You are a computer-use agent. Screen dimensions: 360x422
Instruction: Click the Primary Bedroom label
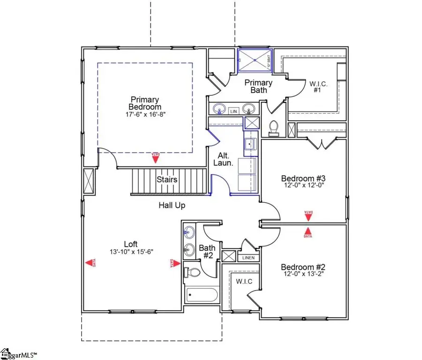(145, 103)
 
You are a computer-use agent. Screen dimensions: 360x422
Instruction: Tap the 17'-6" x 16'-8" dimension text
(145, 114)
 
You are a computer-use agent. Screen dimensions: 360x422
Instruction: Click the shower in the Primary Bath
(254, 60)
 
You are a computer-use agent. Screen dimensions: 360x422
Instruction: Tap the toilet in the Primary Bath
(273, 128)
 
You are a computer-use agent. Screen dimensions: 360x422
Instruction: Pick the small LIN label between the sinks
(233, 111)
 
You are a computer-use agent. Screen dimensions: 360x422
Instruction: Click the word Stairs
(166, 180)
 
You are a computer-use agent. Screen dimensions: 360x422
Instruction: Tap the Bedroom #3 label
(303, 178)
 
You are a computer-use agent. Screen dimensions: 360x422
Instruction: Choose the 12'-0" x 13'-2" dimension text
(303, 273)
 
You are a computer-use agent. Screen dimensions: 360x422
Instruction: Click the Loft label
(131, 244)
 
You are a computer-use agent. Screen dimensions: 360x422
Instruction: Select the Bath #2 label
(207, 252)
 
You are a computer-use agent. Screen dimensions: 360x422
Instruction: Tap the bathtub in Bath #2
(202, 295)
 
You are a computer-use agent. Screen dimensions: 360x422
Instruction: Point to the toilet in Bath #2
(193, 272)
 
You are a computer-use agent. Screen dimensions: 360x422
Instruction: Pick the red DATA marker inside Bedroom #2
(308, 232)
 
